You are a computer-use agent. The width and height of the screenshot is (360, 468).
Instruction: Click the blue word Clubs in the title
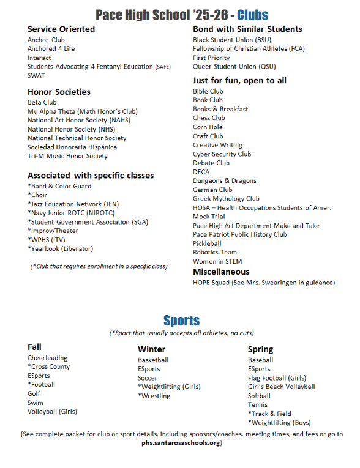(x=252, y=15)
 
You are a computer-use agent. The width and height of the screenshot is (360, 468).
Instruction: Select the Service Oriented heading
(x=61, y=29)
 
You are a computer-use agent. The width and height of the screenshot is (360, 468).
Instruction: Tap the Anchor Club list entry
(x=46, y=40)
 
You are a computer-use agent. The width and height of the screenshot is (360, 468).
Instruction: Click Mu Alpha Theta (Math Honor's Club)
(x=83, y=111)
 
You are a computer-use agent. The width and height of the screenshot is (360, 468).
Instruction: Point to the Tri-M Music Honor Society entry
(x=67, y=156)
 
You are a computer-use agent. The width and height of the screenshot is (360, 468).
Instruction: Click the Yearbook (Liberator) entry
(x=61, y=248)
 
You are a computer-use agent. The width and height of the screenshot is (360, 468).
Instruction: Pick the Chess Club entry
(x=209, y=118)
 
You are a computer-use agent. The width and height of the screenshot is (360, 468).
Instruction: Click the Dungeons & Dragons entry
(x=224, y=180)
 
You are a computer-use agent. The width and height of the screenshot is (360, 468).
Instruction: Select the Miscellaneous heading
(x=221, y=272)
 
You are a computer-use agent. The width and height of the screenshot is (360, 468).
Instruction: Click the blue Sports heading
(x=181, y=321)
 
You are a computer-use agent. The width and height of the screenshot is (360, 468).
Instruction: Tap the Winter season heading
(x=151, y=349)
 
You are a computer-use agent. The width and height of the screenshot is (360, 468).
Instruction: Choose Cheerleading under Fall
(x=48, y=358)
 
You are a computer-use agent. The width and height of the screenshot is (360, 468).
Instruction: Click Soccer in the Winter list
(x=148, y=378)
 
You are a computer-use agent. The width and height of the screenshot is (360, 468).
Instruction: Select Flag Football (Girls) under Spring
(x=277, y=378)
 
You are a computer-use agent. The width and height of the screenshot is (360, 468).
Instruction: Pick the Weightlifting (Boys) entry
(x=279, y=422)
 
